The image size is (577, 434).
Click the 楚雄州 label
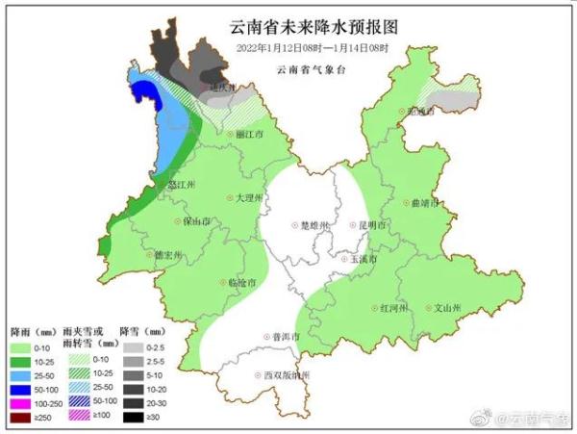[x=314, y=225]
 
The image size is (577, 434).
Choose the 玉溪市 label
[x=363, y=260]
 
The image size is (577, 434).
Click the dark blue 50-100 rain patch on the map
[x=143, y=93]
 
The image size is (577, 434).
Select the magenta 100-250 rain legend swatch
[x=23, y=404]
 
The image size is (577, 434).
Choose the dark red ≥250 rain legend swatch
[x=23, y=419]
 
